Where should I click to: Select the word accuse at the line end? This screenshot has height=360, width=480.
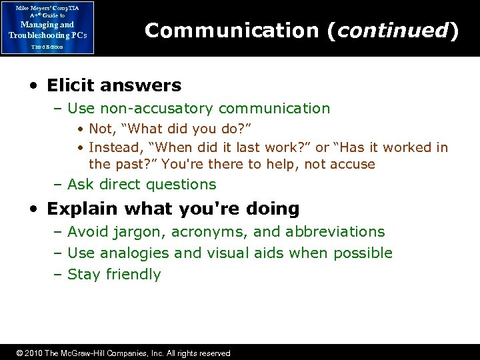click(x=353, y=164)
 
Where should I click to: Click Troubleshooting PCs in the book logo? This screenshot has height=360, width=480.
click(x=47, y=35)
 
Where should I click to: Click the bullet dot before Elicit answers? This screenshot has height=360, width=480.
click(x=33, y=86)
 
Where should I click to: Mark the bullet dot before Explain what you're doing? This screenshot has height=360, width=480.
click(x=33, y=209)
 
